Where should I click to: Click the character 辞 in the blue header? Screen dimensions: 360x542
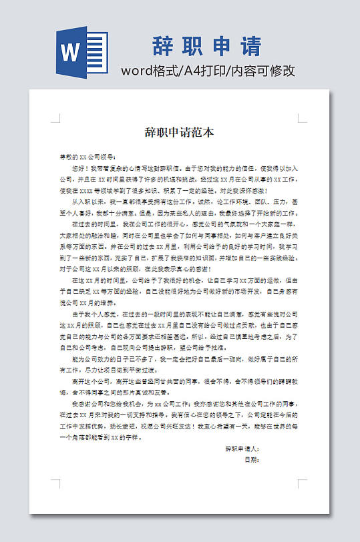[164, 46]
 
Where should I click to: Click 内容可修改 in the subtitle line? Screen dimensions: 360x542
[264, 71]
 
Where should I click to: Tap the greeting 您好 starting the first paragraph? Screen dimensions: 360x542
[78, 169]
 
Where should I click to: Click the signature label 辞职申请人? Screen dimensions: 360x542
[242, 449]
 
